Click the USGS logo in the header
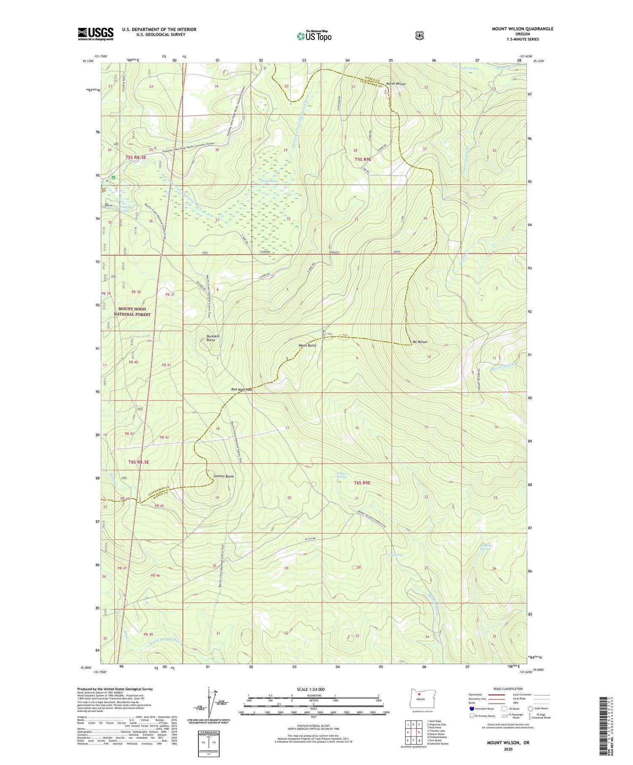click(x=95, y=34)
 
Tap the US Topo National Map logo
click(x=314, y=36)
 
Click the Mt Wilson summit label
click(x=419, y=342)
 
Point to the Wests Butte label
click(x=307, y=345)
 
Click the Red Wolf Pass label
click(x=241, y=389)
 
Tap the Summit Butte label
click(x=223, y=476)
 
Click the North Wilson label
click(x=396, y=84)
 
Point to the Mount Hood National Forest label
click(x=132, y=312)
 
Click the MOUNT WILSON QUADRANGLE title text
click(x=522, y=29)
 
